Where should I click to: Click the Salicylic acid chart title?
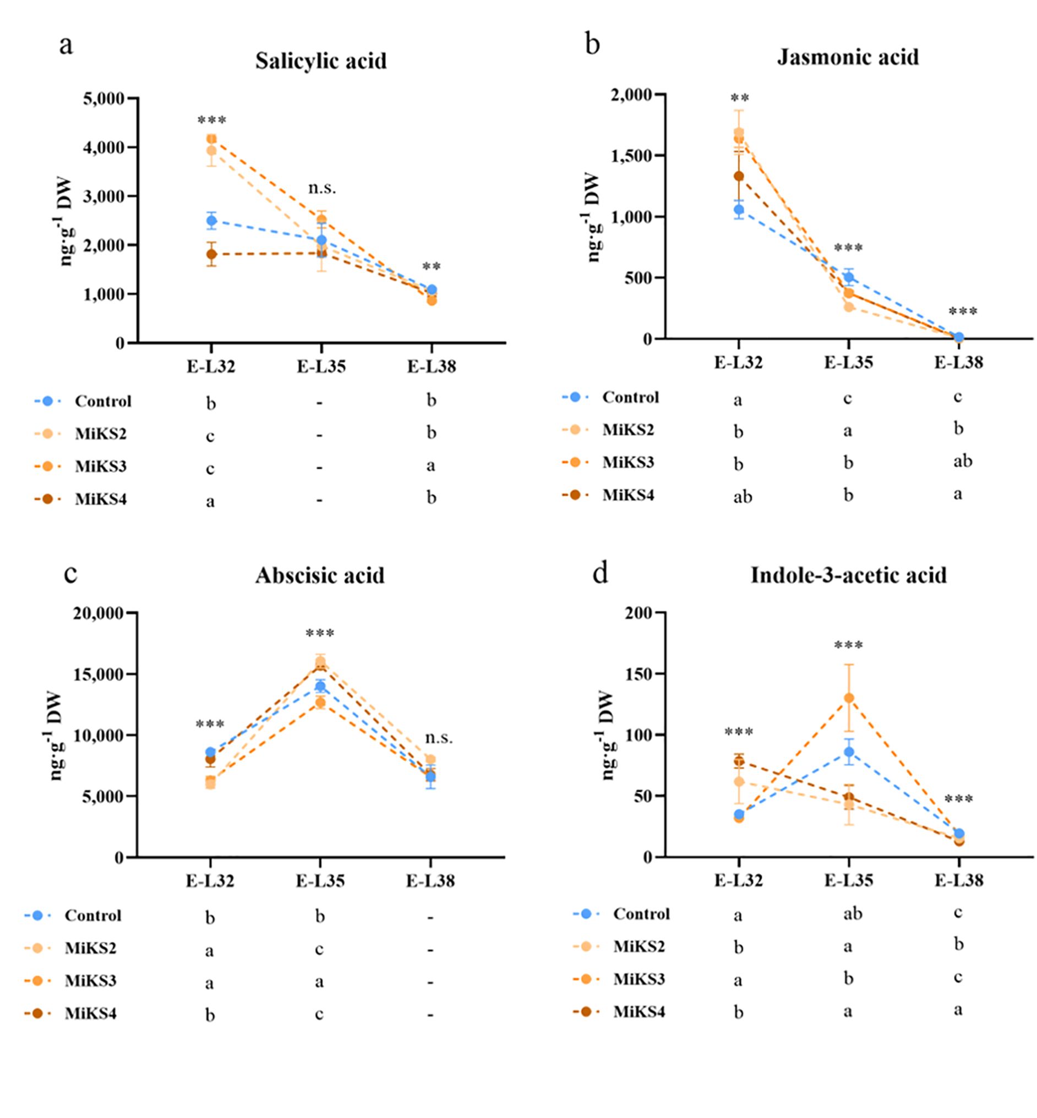pos(321,61)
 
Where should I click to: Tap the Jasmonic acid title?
pos(848,57)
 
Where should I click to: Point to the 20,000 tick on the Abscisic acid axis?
pos(97,613)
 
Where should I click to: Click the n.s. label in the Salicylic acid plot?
pos(322,188)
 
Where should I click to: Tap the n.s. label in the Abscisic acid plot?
pos(438,738)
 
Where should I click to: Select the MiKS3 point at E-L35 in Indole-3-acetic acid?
pos(848,698)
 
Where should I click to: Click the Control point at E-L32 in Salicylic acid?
pos(211,221)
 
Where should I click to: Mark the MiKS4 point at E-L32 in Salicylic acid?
pos(211,254)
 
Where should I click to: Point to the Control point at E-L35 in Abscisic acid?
pos(320,686)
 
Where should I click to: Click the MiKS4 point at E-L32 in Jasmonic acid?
pos(739,176)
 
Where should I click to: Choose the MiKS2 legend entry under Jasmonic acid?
pos(628,430)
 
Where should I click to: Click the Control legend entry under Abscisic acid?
pos(92,916)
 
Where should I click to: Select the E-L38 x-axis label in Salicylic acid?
pos(431,367)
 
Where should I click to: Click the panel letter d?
pos(601,574)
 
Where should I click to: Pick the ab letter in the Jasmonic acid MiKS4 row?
pos(743,497)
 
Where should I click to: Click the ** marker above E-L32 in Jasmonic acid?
pos(740,98)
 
